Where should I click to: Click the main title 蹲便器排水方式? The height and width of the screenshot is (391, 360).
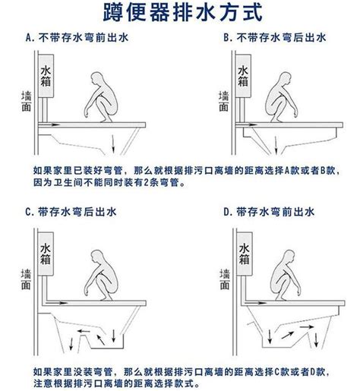tap(182, 12)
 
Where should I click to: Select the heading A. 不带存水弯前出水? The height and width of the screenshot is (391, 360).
tap(77, 38)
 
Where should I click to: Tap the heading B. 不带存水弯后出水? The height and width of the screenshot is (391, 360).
tap(275, 38)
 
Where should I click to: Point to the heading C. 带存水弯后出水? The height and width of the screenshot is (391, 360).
tap(71, 212)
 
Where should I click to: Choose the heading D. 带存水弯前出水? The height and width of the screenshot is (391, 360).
tap(269, 212)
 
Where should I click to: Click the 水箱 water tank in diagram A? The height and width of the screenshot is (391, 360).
tap(46, 76)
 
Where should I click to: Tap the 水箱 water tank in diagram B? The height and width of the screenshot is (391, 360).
tap(243, 76)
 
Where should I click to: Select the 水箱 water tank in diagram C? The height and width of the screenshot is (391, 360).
tap(46, 254)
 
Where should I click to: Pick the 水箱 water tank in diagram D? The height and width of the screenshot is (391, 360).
tap(245, 254)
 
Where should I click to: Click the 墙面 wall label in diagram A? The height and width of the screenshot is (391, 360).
tap(26, 101)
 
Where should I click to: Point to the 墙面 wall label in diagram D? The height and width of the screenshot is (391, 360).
tap(225, 279)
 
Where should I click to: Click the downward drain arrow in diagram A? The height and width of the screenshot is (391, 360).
tap(113, 144)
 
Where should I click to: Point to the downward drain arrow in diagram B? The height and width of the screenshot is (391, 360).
tap(276, 145)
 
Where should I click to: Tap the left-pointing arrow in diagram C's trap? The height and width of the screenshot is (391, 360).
tap(84, 331)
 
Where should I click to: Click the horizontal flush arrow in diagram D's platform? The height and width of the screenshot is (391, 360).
tap(256, 303)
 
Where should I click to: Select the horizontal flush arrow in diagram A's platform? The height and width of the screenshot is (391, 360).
tap(49, 125)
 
